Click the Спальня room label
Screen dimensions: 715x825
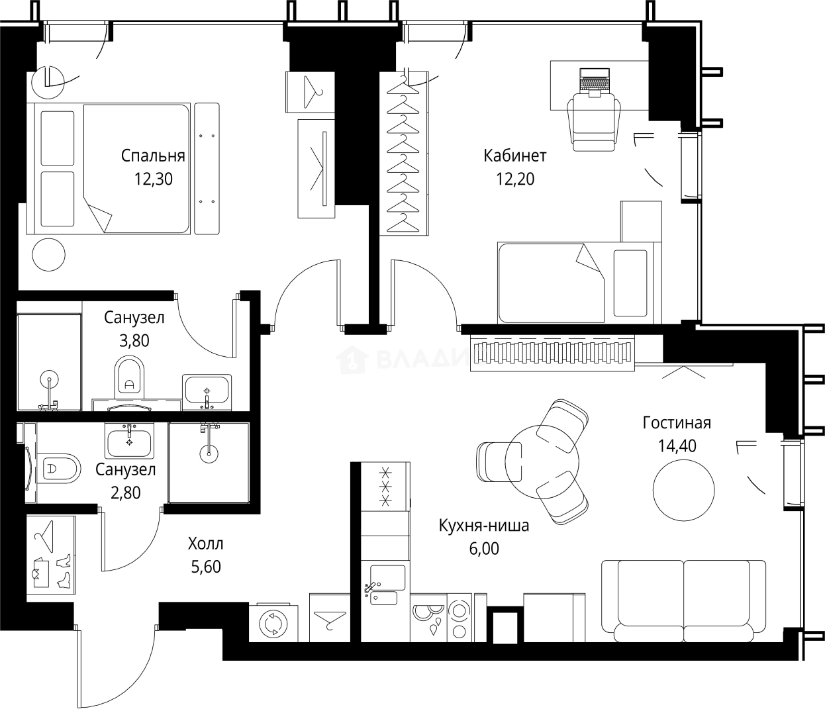152,156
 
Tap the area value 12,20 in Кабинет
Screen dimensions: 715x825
514,179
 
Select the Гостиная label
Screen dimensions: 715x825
676,423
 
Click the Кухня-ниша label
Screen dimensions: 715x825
483,526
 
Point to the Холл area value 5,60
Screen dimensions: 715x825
205,567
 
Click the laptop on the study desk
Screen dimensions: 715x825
594,81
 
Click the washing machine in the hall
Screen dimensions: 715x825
271,624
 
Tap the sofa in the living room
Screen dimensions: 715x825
683,601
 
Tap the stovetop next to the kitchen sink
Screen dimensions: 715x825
440,619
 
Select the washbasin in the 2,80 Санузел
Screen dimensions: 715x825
129,440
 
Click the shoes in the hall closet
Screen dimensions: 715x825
64,571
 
